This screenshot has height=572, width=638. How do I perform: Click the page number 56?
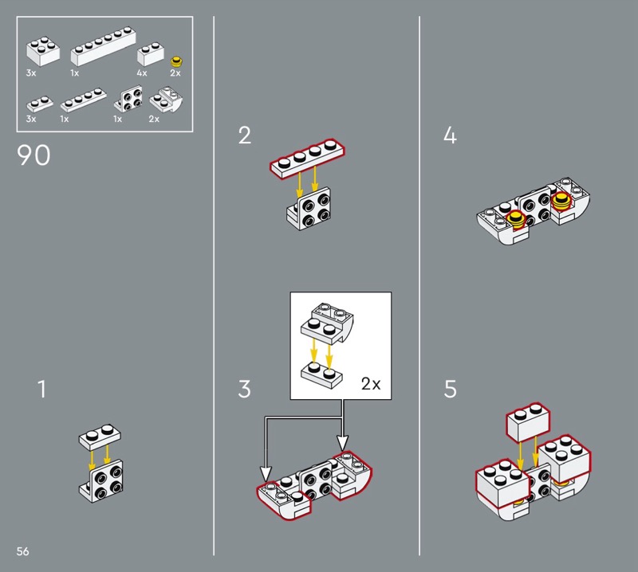[23, 550]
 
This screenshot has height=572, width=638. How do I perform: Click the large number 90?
[33, 155]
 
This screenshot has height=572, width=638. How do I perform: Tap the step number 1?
[42, 389]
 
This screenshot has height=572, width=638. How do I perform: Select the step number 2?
[245, 135]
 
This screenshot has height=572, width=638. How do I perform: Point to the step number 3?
[244, 389]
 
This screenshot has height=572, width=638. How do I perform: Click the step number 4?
[450, 135]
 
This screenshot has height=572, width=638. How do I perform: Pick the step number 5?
[450, 389]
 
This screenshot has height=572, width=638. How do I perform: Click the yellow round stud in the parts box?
[176, 62]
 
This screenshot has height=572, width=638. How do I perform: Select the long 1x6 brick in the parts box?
[103, 46]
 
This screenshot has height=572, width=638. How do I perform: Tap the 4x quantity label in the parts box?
[142, 73]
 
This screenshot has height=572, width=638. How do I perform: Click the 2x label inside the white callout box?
[371, 383]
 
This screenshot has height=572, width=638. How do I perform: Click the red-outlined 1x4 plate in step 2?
[308, 158]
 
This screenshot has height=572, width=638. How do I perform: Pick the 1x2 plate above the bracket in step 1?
[100, 437]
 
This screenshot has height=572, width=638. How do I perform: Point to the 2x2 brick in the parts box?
[43, 52]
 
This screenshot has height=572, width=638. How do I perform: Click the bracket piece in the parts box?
[128, 99]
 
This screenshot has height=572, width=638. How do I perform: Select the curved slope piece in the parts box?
[166, 100]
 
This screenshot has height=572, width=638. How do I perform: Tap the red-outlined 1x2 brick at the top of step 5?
[528, 423]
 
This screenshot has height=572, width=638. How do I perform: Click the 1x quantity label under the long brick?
[74, 73]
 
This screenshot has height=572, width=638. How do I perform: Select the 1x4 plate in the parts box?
[84, 100]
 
